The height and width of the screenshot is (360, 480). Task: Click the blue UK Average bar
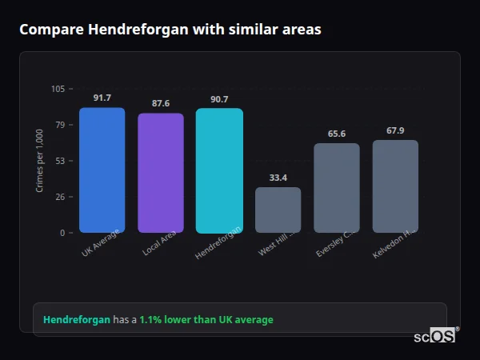click(102, 170)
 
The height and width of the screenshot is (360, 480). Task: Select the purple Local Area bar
click(160, 173)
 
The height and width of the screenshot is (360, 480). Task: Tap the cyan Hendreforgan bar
click(219, 170)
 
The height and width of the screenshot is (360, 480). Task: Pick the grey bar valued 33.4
click(278, 210)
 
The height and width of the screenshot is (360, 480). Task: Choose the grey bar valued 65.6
click(336, 188)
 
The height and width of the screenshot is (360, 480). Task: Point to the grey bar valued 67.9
click(395, 186)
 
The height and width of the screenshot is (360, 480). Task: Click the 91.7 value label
click(102, 98)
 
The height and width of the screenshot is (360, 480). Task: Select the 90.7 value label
click(219, 99)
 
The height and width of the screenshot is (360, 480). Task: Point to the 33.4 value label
click(278, 178)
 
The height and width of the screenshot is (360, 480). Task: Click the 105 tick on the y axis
click(58, 89)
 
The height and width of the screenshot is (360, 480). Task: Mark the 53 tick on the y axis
click(59, 161)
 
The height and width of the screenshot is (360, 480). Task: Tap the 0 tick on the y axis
click(62, 233)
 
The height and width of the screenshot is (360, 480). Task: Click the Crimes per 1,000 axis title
click(40, 161)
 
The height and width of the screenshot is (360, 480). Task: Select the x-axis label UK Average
click(101, 243)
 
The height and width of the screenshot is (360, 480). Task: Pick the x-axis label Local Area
click(159, 243)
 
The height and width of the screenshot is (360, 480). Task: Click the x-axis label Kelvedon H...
click(394, 243)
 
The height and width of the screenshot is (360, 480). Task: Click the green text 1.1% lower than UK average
click(206, 320)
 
